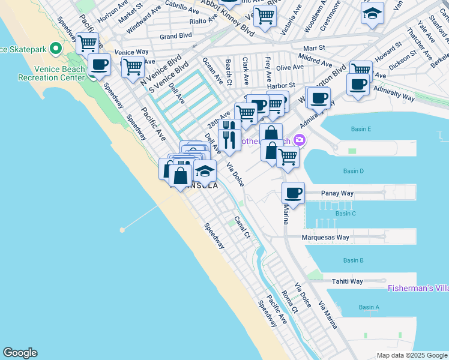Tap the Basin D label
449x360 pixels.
tap(354, 172)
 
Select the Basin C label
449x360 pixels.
tap(346, 214)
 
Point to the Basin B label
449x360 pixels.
tap(353, 260)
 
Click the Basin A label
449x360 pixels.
tap(369, 307)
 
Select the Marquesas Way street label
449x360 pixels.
tap(326, 238)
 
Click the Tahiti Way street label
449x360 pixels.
tap(347, 281)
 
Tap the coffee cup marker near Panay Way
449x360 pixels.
tap(293, 193)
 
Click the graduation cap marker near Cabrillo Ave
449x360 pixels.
tap(372, 13)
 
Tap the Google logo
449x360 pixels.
tap(20, 353)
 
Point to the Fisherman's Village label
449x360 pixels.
tap(418, 288)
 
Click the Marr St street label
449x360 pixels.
tap(313, 47)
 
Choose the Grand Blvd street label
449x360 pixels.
tap(175, 36)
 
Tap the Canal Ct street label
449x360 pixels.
tap(242, 227)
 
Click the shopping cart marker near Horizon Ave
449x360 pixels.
tap(88, 43)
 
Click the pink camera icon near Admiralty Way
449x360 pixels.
tap(300, 140)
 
